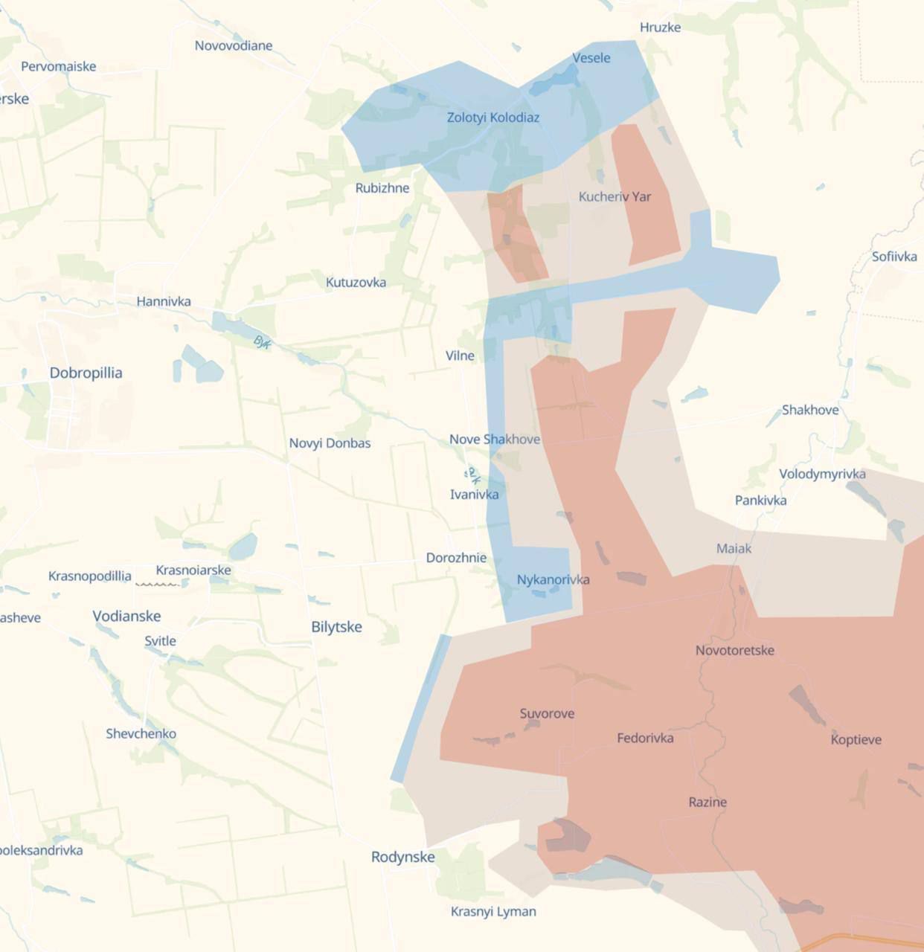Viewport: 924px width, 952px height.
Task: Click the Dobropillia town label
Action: point(86,373)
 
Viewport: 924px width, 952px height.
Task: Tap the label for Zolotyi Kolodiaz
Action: point(493,118)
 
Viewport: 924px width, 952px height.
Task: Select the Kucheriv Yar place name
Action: point(615,196)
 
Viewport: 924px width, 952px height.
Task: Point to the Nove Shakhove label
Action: point(495,440)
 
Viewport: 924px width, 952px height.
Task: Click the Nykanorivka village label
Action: point(553,579)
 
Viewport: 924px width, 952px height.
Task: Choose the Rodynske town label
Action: point(402,857)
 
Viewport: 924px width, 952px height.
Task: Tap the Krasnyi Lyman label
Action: point(493,911)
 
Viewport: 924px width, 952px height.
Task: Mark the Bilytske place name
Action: point(336,627)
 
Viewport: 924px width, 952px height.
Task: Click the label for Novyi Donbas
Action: point(330,443)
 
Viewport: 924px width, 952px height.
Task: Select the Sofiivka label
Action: point(894,257)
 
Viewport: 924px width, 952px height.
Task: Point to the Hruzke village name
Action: point(660,28)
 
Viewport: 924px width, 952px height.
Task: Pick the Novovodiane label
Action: point(234,45)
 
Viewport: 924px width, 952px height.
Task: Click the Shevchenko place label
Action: point(141,734)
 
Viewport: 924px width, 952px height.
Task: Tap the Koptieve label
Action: point(856,739)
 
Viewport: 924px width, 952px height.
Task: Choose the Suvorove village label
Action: point(547,714)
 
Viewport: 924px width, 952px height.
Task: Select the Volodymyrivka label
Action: point(822,474)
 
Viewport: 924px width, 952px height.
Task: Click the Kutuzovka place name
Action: point(356,283)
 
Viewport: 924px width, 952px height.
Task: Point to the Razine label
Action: point(708,802)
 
